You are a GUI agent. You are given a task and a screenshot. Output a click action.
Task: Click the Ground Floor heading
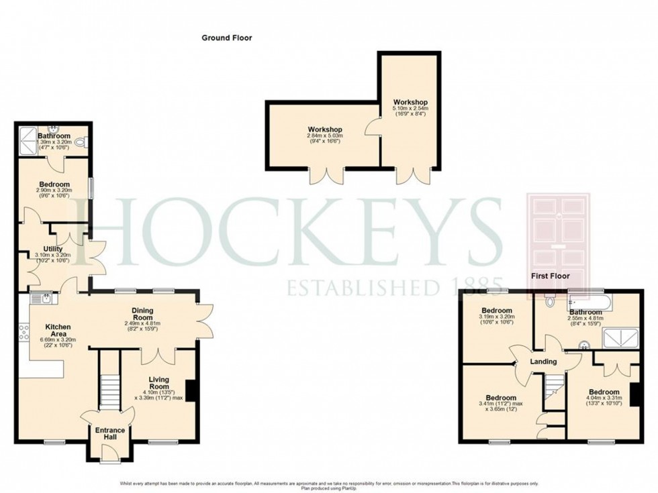pos(227,38)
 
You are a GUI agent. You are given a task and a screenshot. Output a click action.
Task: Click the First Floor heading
pos(550,276)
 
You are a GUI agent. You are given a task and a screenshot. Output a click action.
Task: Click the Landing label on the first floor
pos(543,362)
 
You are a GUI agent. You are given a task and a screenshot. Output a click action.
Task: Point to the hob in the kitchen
pos(25,331)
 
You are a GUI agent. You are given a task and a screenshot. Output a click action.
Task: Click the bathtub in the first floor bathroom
pos(589,302)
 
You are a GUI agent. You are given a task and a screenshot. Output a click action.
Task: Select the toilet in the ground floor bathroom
pos(81,142)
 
